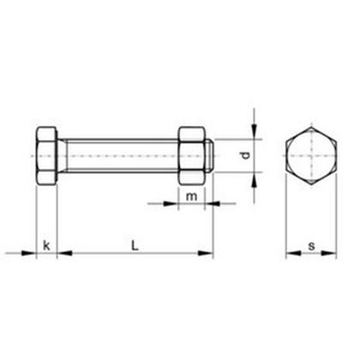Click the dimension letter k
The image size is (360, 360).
[x=46, y=247]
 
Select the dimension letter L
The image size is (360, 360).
[x=135, y=247]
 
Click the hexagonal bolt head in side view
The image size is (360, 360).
[x=46, y=155]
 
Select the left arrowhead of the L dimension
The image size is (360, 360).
[x=64, y=252]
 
